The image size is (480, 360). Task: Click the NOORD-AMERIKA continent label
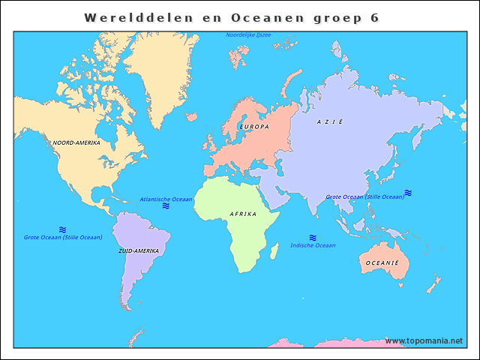coord(76,142)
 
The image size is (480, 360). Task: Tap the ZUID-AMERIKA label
coord(138,250)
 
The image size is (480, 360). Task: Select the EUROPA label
coord(253,127)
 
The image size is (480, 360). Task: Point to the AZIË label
coord(329,121)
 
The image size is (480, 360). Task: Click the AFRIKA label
coord(243,214)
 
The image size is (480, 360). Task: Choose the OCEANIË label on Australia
coord(382,263)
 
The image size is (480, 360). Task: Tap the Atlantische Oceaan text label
coord(166,199)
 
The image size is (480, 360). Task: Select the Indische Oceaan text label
coord(313,245)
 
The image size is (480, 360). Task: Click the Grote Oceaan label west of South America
coord(63,237)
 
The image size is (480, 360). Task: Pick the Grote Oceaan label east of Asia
coord(364,196)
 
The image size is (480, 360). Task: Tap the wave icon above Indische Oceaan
coord(313,237)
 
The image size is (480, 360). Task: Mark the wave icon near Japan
coord(408,193)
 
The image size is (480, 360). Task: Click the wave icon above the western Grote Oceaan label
coord(63,229)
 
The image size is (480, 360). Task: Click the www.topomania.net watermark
coord(424,340)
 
